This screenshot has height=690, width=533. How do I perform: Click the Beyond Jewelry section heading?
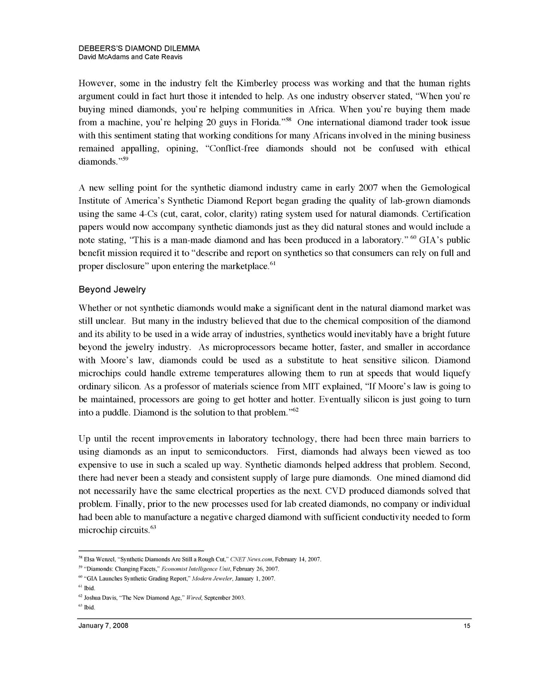coord(112,289)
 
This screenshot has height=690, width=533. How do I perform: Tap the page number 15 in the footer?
coord(466,626)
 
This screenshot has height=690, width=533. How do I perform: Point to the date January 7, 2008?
coord(103,626)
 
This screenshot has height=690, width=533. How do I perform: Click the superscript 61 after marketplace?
coord(272,263)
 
